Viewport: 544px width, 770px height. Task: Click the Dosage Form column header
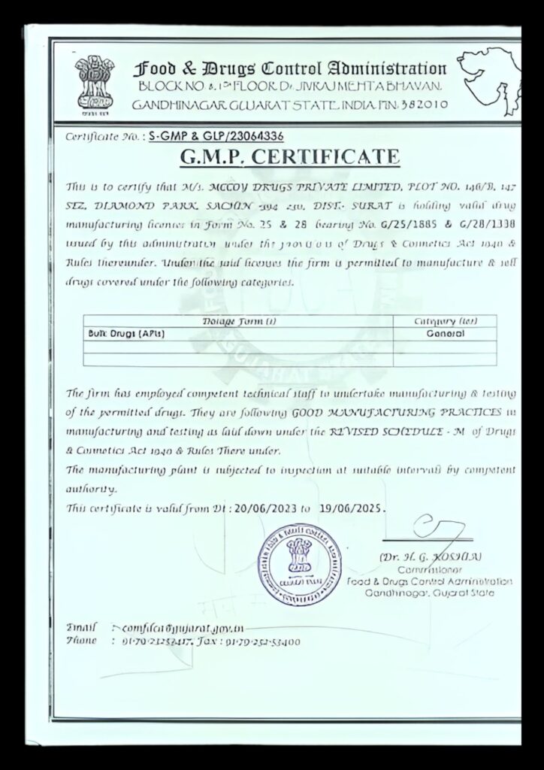pos(239,321)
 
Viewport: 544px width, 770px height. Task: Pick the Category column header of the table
pos(446,321)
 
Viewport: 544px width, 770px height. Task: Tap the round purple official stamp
pos(297,565)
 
